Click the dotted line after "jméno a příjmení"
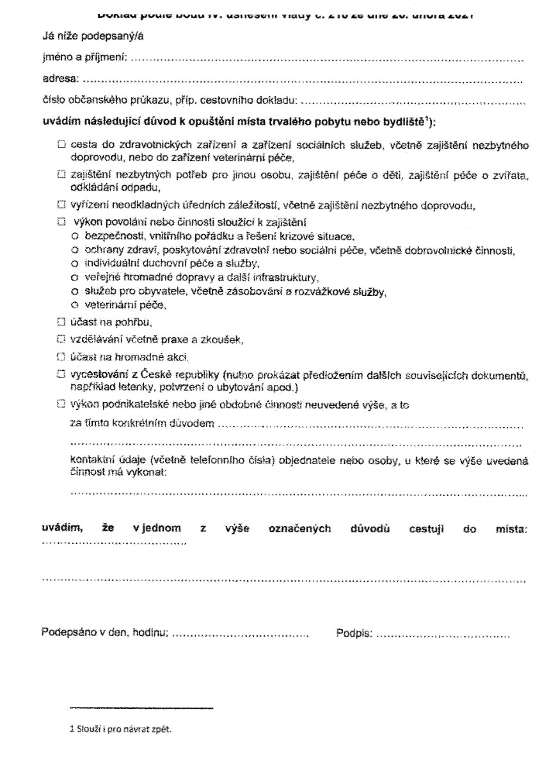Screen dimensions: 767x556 point(326,60)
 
